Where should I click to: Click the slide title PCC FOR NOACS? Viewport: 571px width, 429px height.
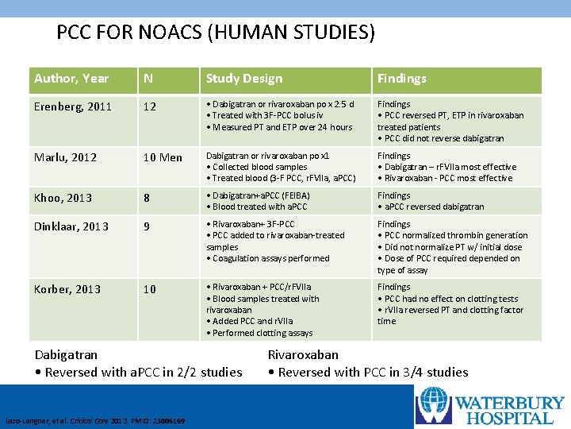216,33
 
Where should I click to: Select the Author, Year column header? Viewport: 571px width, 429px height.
71,78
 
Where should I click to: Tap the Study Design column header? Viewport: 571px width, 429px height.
244,78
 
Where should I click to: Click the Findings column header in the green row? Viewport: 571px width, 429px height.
402,78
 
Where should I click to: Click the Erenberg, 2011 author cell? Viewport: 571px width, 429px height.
73,106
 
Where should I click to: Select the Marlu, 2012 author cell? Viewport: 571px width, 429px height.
65,157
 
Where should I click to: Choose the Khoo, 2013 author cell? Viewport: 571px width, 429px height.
63,198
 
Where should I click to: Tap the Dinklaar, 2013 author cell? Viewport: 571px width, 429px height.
71,226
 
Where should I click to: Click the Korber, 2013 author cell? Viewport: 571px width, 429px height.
67,289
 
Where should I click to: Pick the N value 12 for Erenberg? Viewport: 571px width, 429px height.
149,106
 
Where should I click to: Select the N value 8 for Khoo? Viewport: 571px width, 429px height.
146,198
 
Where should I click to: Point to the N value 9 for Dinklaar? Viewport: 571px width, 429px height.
146,226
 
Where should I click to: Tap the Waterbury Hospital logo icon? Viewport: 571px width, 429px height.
434,404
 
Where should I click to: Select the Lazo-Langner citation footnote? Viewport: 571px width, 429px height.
95,420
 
